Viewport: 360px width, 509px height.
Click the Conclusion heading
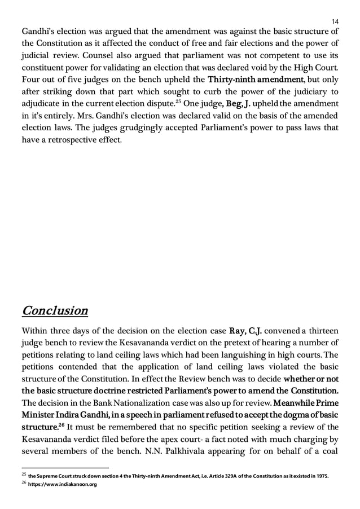click(54, 310)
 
